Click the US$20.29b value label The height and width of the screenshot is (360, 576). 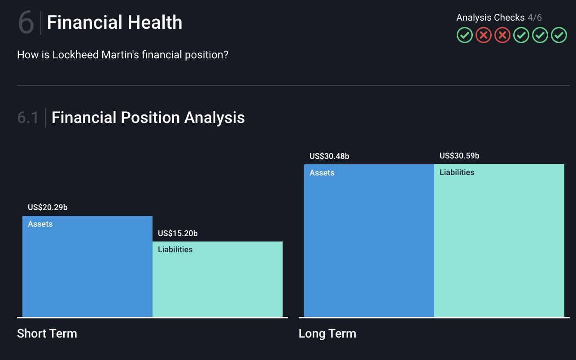pyautogui.click(x=48, y=207)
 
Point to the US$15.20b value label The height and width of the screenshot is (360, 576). pyautogui.click(x=178, y=233)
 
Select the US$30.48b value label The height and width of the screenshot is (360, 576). pyautogui.click(x=329, y=156)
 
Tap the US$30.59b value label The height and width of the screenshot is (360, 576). pyautogui.click(x=459, y=156)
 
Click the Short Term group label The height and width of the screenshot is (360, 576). pyautogui.click(x=47, y=334)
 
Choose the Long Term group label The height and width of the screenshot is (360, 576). pyautogui.click(x=327, y=334)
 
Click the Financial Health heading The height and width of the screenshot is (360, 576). pyautogui.click(x=114, y=22)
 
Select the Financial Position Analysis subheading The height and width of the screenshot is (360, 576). pyautogui.click(x=148, y=118)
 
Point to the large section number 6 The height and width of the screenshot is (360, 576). pyautogui.click(x=26, y=23)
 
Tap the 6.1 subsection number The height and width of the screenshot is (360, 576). pyautogui.click(x=28, y=118)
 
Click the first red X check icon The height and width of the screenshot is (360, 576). pyautogui.click(x=484, y=35)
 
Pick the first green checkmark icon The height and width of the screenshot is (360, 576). pyautogui.click(x=465, y=35)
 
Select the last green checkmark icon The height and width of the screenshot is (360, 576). pyautogui.click(x=559, y=35)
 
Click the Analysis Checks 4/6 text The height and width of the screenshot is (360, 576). pyautogui.click(x=499, y=18)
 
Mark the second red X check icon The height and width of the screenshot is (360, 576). pyautogui.click(x=502, y=35)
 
